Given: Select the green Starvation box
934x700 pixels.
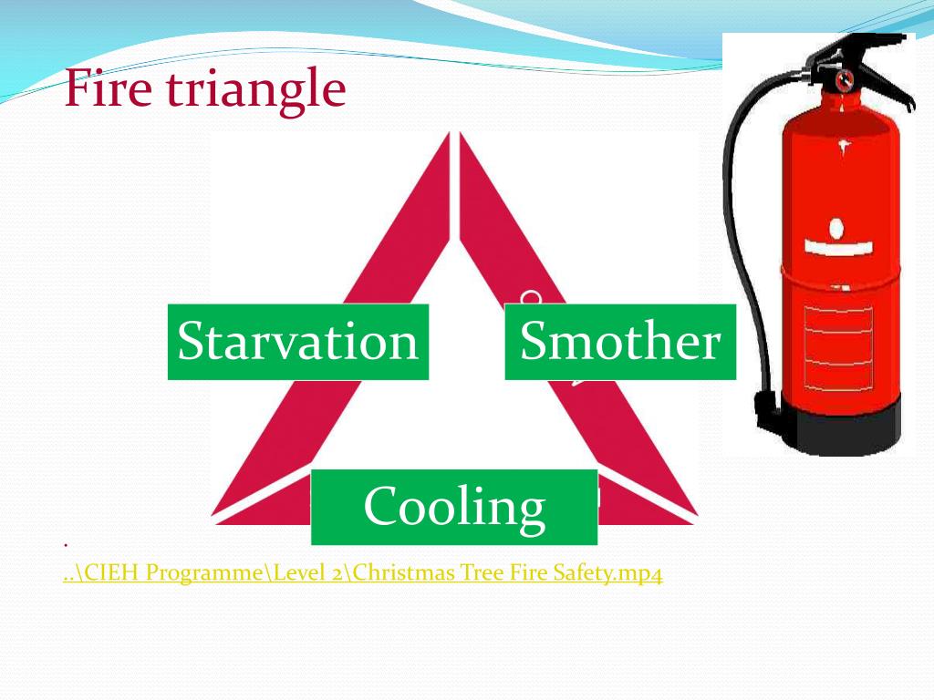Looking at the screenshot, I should [297, 342].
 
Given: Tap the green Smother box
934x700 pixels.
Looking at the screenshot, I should [619, 342].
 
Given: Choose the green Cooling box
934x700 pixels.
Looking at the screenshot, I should [454, 507].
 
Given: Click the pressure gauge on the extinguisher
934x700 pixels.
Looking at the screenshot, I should [846, 78].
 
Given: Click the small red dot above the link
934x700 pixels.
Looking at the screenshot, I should [67, 545].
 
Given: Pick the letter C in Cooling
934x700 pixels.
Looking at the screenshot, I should [379, 507].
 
